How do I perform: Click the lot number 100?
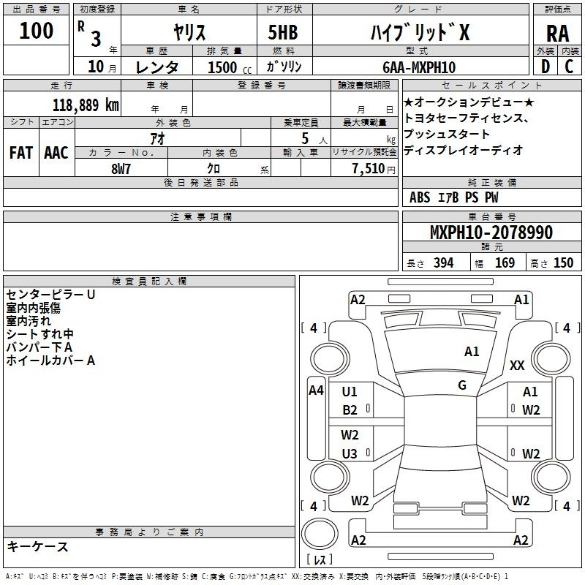(36, 30)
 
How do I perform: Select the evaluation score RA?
(557, 34)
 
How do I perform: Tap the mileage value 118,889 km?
(86, 105)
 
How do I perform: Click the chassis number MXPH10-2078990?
(491, 232)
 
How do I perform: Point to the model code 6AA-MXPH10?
(419, 67)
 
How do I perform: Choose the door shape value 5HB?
(283, 32)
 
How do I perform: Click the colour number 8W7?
(121, 169)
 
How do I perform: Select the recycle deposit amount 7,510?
(369, 169)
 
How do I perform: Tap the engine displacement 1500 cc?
(230, 67)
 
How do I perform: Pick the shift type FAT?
(21, 153)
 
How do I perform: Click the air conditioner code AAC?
(56, 153)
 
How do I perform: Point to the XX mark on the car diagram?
(517, 365)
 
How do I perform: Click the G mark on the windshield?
(462, 385)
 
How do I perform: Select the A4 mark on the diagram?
(316, 390)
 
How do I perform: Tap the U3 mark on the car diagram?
(350, 453)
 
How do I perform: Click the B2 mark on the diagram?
(350, 410)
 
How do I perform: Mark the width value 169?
(505, 263)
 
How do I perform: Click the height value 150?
(563, 263)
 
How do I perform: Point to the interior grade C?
(569, 67)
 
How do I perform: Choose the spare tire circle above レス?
(320, 534)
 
